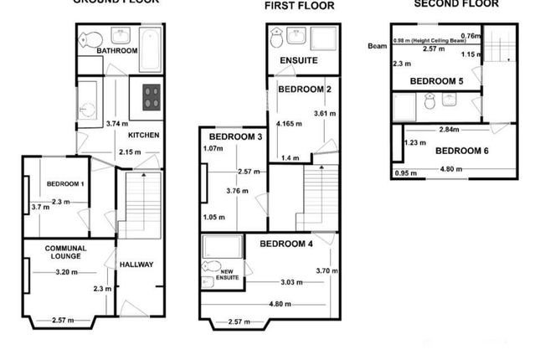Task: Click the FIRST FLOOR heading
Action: (x=299, y=6)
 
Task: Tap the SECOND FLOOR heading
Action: (x=456, y=3)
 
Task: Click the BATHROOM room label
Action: (x=116, y=51)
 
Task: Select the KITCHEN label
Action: (x=143, y=135)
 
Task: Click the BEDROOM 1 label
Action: (x=65, y=183)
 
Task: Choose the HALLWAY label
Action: (x=136, y=265)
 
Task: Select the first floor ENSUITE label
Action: (x=297, y=61)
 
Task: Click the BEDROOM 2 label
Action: (x=305, y=89)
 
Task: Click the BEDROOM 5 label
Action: (x=435, y=80)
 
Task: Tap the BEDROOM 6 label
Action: (x=461, y=151)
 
